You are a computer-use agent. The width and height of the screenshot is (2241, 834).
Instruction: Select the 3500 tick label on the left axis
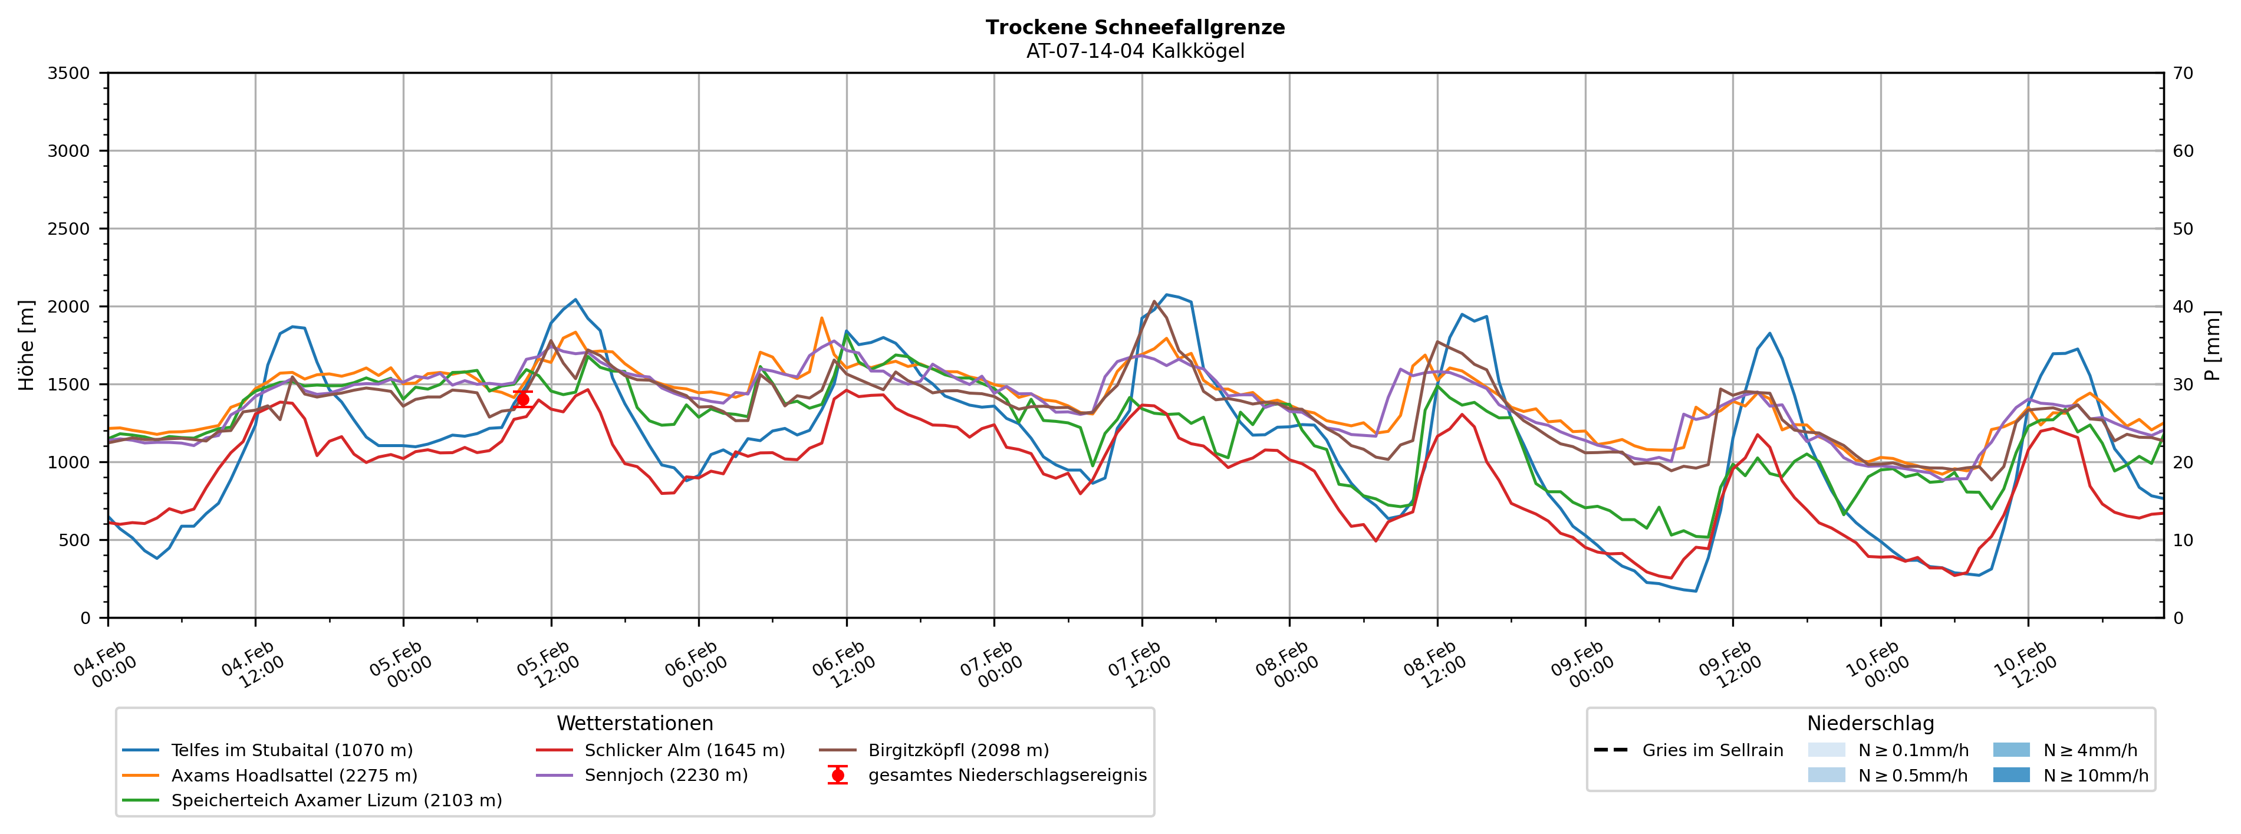coord(69,73)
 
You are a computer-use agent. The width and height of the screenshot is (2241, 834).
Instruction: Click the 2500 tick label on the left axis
coord(69,229)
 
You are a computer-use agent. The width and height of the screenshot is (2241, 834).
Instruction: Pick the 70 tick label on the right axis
coord(2184,73)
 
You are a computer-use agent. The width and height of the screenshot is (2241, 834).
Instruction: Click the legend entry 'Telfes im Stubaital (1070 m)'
coord(291,750)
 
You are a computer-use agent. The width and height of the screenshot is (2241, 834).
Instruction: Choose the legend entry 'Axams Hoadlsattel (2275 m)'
coord(294,776)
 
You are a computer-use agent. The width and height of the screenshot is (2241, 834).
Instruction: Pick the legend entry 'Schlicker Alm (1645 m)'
coord(684,750)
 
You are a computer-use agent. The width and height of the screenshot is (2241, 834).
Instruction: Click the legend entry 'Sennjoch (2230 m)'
coord(666,776)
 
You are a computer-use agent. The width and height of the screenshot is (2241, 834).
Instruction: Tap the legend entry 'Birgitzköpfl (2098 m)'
coord(958,750)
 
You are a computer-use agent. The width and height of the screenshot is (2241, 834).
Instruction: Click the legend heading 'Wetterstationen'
coord(634,724)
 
